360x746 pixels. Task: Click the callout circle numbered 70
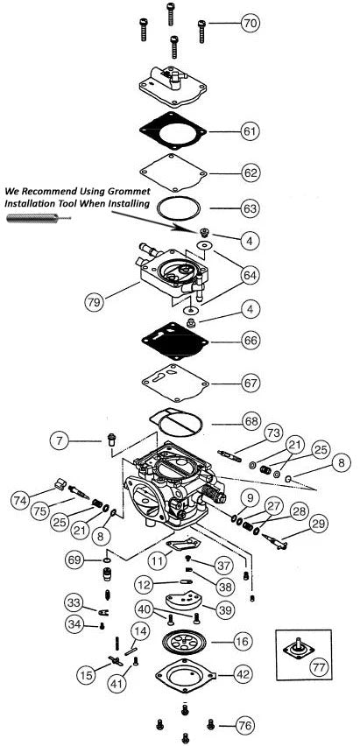pos(250,24)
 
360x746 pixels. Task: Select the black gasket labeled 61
pos(172,131)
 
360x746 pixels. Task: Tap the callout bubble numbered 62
pos(251,172)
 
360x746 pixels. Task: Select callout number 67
pos(251,383)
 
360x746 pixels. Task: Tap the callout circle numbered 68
pos(251,422)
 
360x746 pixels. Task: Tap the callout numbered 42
pos(243,674)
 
